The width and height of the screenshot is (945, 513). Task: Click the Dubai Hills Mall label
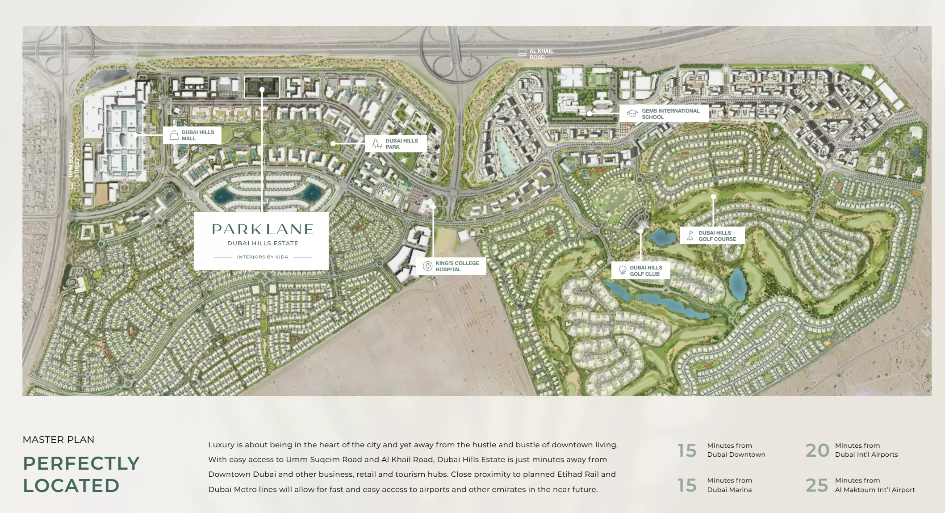[197, 135]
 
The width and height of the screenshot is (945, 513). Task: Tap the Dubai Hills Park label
[401, 144]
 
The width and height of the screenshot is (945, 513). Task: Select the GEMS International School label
[670, 114]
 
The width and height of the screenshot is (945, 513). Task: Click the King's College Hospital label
[457, 266]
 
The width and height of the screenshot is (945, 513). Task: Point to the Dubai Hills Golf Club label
[646, 271]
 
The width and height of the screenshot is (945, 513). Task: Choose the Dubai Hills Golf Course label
[717, 236]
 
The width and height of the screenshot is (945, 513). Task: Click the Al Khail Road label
[541, 54]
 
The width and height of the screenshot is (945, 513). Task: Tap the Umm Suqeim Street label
[74, 160]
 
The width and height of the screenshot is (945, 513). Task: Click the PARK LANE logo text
[262, 229]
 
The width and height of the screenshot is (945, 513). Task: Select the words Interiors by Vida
[262, 257]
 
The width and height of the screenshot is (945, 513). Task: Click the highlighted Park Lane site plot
[262, 87]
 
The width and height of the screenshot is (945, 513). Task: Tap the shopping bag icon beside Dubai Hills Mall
[174, 135]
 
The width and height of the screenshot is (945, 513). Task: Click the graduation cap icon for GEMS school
[632, 114]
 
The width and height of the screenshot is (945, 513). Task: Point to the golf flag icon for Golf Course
[690, 235]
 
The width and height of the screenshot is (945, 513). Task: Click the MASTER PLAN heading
[59, 440]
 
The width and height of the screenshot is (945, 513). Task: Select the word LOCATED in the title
[71, 486]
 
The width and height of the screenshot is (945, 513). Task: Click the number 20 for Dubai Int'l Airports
[817, 450]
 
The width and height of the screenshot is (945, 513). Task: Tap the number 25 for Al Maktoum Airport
[817, 485]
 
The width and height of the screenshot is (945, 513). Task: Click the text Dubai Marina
[729, 490]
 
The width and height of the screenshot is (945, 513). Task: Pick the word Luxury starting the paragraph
[221, 445]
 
